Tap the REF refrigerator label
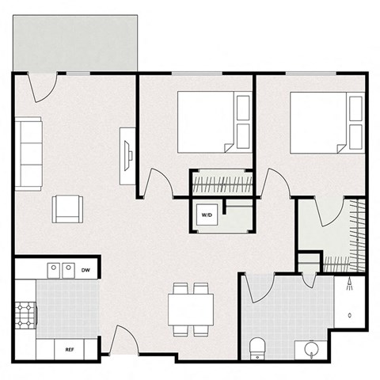click(x=70, y=348)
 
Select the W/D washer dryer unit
click(x=207, y=215)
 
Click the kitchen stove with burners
click(x=27, y=316)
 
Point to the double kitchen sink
click(x=62, y=272)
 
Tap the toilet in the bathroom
click(x=256, y=346)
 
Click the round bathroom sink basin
click(x=309, y=348)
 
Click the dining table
click(x=191, y=307)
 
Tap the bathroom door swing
click(x=258, y=286)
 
